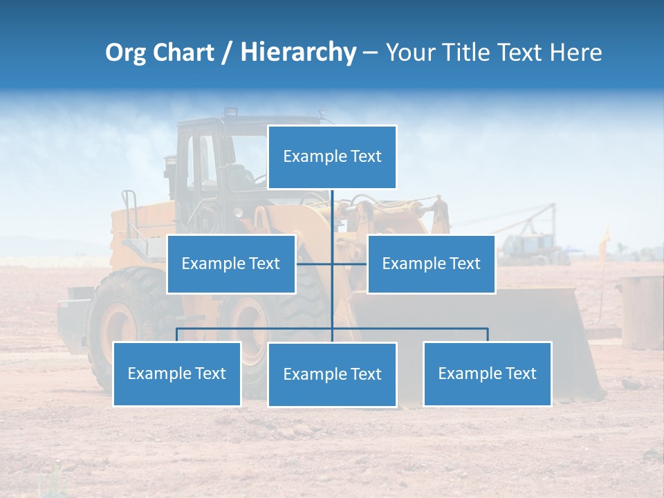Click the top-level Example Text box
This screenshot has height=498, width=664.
coord(332,157)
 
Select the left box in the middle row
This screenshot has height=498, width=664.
coord(231,264)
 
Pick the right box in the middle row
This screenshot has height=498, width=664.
coord(431,264)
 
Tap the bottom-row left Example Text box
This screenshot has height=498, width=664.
coord(177,373)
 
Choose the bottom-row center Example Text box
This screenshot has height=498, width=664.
coord(332,374)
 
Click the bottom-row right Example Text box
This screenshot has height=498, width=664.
coord(487,373)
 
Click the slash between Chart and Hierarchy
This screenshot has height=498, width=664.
coord(227,53)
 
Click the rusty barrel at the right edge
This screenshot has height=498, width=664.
coord(642,311)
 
